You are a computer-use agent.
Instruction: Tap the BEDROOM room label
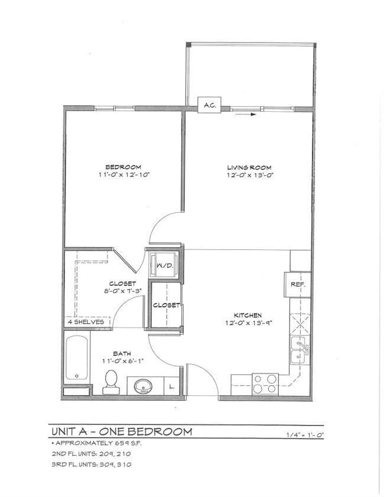click(x=123, y=167)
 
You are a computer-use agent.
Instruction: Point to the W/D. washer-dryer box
click(x=165, y=265)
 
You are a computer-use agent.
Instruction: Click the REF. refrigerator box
click(x=297, y=284)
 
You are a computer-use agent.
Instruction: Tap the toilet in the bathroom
click(x=110, y=382)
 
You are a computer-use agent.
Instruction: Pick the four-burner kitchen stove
click(x=265, y=384)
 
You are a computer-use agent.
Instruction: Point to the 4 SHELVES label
click(x=86, y=322)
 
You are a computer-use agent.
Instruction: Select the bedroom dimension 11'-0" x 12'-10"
click(x=123, y=175)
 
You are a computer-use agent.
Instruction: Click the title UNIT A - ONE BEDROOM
click(x=121, y=431)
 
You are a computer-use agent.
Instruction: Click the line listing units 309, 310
click(x=91, y=464)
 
